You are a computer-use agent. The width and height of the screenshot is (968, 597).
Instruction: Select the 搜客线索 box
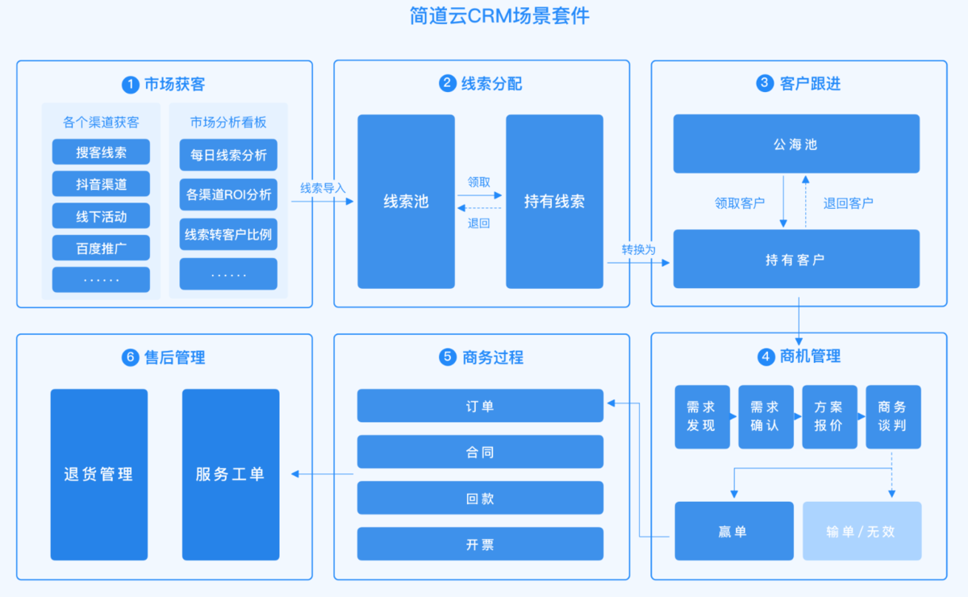point(101,152)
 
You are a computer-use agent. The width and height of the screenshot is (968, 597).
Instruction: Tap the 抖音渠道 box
point(101,184)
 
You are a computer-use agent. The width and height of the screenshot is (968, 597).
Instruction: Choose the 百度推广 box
point(101,248)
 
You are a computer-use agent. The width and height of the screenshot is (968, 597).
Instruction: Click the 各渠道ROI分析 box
point(228,194)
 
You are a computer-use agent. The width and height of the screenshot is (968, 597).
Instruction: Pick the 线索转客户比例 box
point(228,235)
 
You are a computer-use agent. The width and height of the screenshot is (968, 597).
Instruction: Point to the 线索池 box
point(406,202)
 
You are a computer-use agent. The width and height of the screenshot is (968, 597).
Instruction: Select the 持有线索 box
point(554,202)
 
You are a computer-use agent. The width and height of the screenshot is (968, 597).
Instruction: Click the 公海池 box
point(796,144)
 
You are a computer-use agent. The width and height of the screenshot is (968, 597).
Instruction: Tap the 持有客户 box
point(796,259)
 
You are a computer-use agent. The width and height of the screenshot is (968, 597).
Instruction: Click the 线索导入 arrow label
point(323,188)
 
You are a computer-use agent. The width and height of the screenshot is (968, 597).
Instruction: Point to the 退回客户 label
point(848,202)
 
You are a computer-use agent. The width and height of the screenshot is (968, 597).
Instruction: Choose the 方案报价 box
point(828,416)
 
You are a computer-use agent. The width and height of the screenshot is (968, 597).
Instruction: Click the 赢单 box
point(733,531)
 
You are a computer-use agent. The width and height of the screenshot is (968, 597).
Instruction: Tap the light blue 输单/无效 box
point(861,531)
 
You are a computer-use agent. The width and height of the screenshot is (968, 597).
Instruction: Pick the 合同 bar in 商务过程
point(480,452)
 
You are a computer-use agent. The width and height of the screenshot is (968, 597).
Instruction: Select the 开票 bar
point(480,544)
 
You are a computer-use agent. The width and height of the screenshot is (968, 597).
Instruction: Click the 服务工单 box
point(230,474)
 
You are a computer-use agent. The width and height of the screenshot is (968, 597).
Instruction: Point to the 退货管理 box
point(98,474)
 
